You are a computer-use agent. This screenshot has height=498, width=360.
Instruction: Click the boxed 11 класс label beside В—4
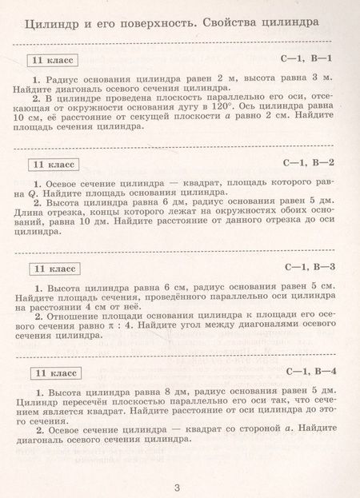(54, 372)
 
